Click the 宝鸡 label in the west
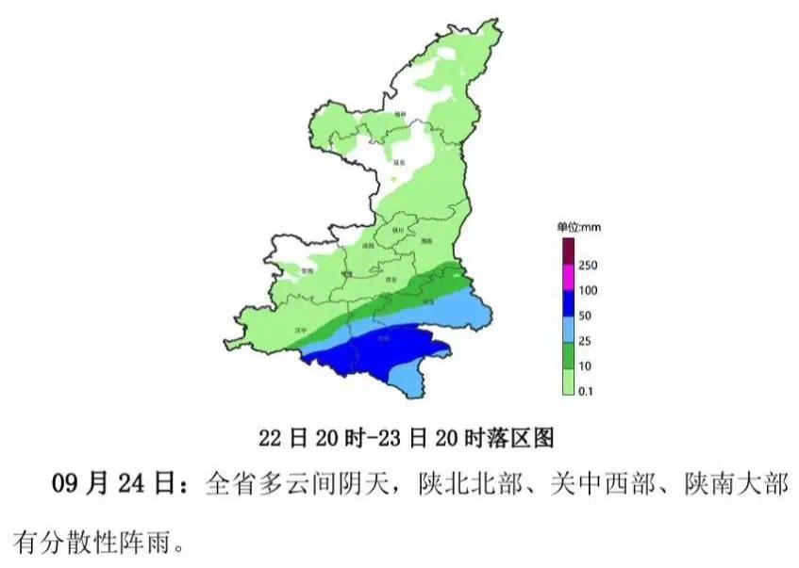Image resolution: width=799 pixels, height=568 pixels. [x=305, y=270]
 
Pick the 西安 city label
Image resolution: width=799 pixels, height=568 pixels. [x=391, y=280]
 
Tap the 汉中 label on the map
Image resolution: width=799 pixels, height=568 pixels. [x=301, y=330]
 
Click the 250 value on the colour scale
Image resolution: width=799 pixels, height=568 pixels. [x=587, y=265]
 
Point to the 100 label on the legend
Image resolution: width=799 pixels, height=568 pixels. [x=587, y=290]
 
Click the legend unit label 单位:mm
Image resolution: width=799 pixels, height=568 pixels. [x=578, y=227]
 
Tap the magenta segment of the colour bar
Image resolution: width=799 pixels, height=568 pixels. [x=569, y=277]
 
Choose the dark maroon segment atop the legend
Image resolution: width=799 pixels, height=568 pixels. [x=569, y=252]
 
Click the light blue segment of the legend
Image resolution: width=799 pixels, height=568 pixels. [x=569, y=329]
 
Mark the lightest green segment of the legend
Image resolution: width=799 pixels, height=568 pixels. [x=569, y=380]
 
